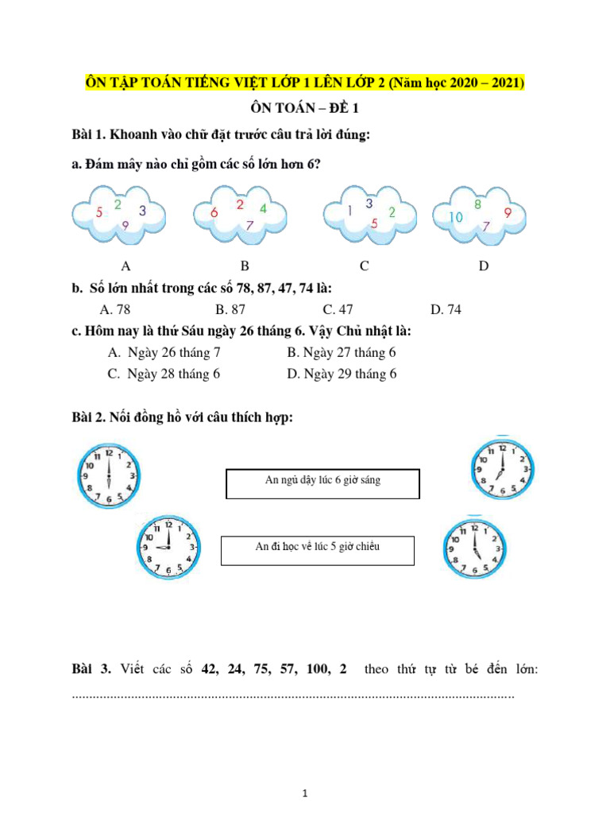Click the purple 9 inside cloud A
click(125, 226)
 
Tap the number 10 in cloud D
click(456, 216)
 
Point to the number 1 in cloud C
click(350, 211)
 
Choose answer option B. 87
click(232, 310)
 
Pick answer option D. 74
click(445, 310)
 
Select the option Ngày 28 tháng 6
click(164, 374)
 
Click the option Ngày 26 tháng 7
click(164, 352)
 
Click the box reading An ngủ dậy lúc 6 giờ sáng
click(322, 483)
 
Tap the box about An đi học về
click(317, 550)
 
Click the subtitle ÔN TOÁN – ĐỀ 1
click(305, 110)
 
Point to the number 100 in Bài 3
click(315, 669)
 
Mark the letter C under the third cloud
click(364, 266)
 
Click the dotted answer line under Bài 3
click(293, 696)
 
